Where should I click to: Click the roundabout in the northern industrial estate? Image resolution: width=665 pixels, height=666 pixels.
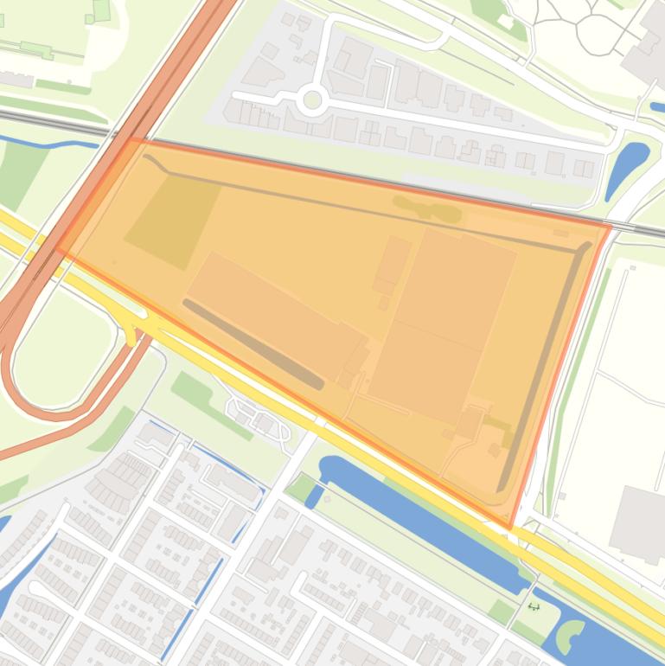tap(312, 101)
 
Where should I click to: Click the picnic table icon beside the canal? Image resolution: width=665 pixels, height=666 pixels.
tap(534, 606)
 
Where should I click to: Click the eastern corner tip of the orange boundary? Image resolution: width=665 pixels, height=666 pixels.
tap(611, 227)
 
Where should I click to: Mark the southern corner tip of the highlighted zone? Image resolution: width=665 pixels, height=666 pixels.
tap(510, 527)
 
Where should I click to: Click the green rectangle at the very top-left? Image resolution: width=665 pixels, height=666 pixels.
tap(101, 10)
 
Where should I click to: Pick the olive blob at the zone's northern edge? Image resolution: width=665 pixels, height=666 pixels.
tap(428, 208)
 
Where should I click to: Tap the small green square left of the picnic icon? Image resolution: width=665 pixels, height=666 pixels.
tap(501, 612)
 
